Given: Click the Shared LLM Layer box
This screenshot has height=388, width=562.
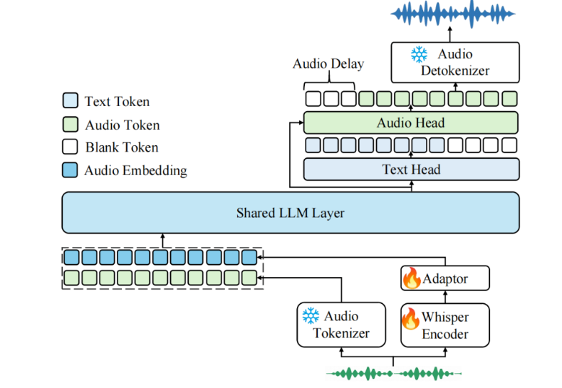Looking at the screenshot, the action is coord(291,213).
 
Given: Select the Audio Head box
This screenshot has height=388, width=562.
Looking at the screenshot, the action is coord(411,122).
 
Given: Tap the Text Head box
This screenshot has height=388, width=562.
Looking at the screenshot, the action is coord(412,169).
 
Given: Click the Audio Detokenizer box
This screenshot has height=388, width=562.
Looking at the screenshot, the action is coord(455,63).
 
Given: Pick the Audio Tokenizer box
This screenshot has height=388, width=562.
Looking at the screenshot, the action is coord(341,325).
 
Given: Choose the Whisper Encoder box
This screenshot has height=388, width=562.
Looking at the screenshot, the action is coord(445,325).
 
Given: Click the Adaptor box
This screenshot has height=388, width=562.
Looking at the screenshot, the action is coord(445,278).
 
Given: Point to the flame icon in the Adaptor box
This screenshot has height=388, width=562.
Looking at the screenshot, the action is coord(412,278).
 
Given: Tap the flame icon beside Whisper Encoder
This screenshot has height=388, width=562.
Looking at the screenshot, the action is coord(410,318).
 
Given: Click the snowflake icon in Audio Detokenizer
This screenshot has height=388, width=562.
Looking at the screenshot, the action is coord(419,54).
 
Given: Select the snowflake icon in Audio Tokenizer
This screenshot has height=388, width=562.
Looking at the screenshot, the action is coord(311,315).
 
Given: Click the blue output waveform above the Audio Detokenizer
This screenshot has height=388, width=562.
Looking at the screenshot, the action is coord(453,14).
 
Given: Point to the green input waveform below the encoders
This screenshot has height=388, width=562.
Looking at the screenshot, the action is coord(394,374).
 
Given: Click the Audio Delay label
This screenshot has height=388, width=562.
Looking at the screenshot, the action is coord(328,64).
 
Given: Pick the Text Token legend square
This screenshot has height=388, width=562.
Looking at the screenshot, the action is coord(71,100).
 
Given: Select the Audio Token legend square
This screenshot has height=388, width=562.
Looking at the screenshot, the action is coord(71,125).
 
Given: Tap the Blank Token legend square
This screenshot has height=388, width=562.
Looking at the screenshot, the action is coord(70,147).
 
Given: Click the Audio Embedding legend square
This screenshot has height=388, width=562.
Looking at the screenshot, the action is coord(70,170).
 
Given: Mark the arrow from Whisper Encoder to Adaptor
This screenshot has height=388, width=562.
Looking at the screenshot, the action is coord(445,297).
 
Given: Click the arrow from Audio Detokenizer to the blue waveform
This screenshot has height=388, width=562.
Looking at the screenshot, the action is coord(450,34).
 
